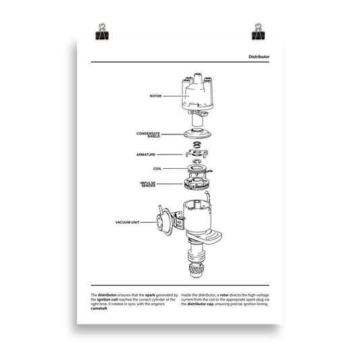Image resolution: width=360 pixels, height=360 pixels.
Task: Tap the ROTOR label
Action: tap(156, 97)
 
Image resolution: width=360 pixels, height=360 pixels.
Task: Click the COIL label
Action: tap(157, 168)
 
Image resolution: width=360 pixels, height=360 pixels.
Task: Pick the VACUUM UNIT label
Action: tap(129, 222)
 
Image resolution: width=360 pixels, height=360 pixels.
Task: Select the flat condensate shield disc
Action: tap(197, 131)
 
